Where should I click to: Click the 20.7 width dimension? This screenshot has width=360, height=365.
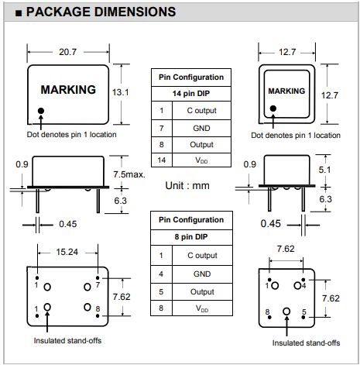click(67, 52)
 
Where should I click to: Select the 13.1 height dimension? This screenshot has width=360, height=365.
click(120, 92)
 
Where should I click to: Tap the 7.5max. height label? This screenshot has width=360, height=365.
click(129, 174)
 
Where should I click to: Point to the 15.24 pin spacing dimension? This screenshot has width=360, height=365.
click(67, 252)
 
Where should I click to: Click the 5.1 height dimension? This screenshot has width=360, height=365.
click(324, 170)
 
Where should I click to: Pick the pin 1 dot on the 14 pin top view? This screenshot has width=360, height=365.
click(41, 111)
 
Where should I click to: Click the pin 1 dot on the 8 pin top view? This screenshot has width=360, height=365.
click(273, 108)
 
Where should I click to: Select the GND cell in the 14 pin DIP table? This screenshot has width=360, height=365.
click(201, 128)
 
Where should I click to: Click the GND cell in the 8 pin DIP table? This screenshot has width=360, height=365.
click(202, 274)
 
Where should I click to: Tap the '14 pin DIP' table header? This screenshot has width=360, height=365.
click(191, 94)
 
